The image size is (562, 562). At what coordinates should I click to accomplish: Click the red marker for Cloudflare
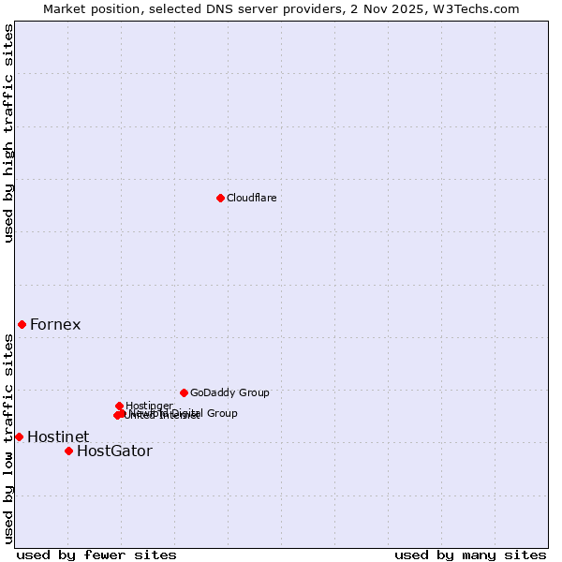click(220, 198)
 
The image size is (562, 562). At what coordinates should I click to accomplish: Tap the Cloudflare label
click(251, 198)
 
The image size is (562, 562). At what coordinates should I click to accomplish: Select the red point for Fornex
click(22, 324)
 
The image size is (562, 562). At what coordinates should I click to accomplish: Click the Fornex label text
click(55, 325)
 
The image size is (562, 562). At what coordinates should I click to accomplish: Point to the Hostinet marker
click(19, 436)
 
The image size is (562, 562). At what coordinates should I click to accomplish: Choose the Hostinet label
click(58, 437)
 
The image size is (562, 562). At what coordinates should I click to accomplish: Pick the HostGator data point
click(68, 451)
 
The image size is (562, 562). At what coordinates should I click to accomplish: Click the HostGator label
click(114, 451)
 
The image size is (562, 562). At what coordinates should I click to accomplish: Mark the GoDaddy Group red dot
click(184, 392)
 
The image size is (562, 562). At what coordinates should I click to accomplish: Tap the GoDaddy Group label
click(229, 393)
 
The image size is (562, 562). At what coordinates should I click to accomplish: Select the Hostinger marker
click(119, 406)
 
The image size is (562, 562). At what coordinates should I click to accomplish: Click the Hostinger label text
click(149, 406)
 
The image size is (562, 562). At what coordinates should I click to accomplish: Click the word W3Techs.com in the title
click(481, 8)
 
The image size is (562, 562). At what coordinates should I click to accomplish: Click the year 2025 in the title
click(418, 8)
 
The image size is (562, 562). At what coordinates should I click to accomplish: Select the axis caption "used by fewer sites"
click(96, 555)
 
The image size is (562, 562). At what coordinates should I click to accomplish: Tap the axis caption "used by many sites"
click(470, 555)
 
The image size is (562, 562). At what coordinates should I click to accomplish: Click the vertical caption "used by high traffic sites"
click(8, 133)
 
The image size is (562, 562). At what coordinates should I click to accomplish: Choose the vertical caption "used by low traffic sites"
click(8, 438)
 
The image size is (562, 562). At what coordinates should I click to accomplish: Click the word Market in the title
click(66, 8)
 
